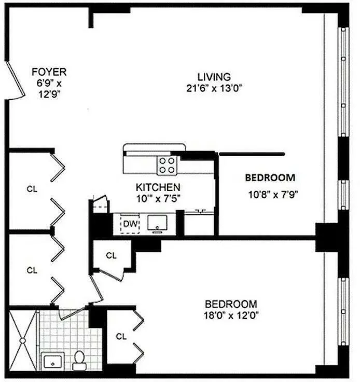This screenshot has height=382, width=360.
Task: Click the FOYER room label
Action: (49, 72)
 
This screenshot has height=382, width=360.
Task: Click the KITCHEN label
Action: (158, 187)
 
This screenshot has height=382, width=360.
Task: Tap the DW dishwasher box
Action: (130, 224)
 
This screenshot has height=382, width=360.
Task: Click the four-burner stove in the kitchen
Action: (167, 166)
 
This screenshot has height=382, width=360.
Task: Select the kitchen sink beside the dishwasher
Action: (157, 223)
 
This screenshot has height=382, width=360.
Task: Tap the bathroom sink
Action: (51, 362)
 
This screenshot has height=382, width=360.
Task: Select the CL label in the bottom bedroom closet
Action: (121, 337)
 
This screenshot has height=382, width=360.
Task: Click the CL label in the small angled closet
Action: (111, 255)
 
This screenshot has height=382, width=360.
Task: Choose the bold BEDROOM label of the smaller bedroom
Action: (270, 178)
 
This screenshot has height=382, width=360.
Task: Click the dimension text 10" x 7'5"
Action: (158, 197)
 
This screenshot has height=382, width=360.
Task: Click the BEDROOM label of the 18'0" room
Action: (231, 304)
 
